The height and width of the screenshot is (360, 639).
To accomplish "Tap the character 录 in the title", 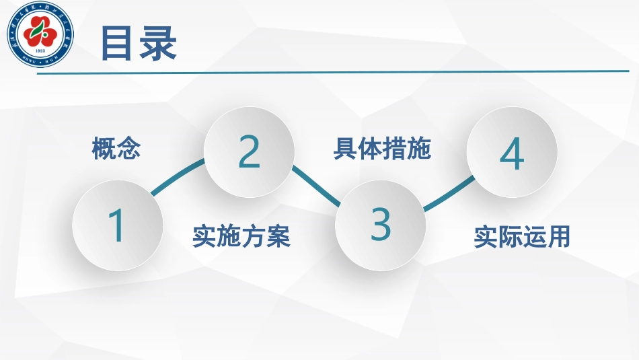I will [158, 44].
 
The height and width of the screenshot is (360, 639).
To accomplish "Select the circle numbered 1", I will [118, 225].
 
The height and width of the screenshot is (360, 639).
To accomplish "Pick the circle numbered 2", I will [249, 152].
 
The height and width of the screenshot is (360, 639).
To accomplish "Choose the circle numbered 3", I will [380, 225].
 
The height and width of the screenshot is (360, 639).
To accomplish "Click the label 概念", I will [116, 148].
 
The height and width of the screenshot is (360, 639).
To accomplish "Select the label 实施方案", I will [241, 237].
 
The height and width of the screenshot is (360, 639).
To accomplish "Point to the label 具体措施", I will [381, 149].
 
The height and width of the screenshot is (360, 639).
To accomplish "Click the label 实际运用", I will [521, 237].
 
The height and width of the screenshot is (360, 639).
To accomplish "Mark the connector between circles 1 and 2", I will [178, 176].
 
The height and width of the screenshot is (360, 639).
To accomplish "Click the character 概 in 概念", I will [104, 148].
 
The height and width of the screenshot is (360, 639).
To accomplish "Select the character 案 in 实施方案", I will [278, 237].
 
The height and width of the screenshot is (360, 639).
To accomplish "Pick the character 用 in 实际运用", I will [558, 237].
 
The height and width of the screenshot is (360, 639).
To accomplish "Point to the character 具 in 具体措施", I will [345, 149].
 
